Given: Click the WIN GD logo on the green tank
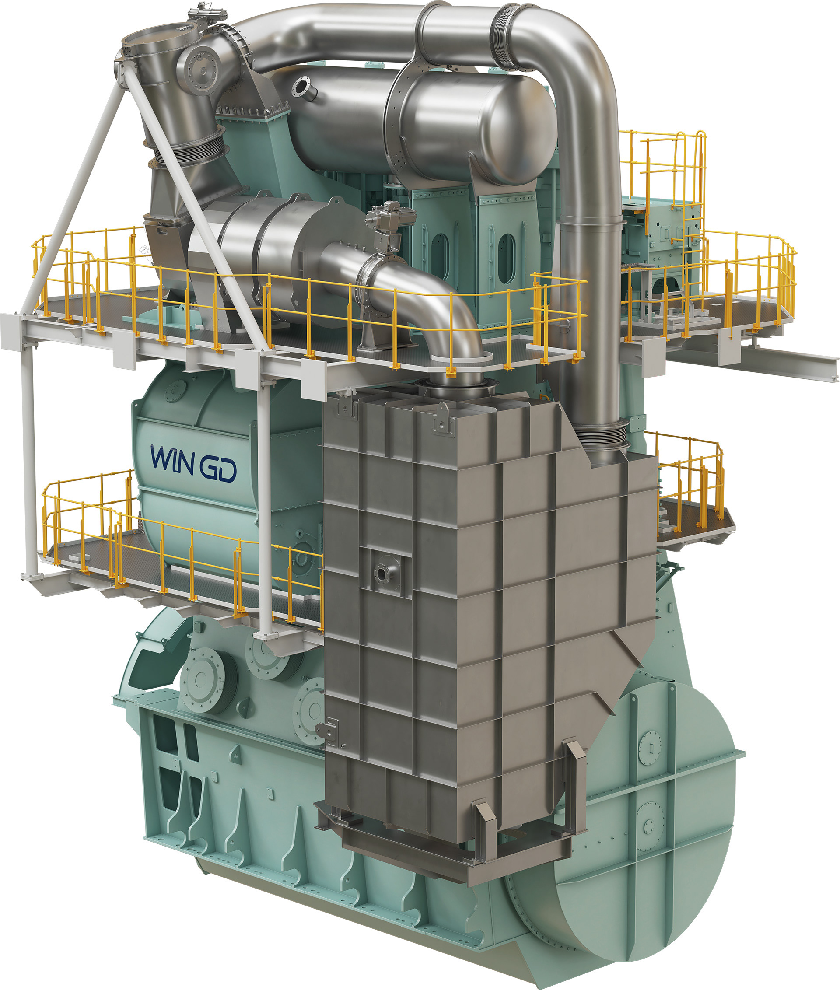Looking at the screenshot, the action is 193,463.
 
